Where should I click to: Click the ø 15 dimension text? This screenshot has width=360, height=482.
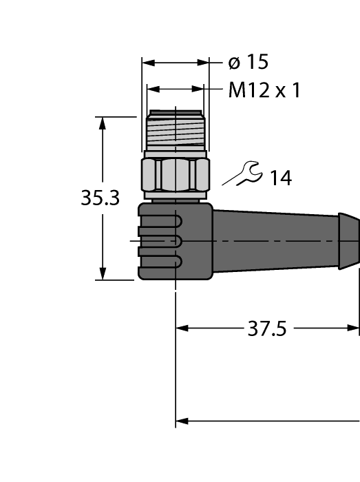click(x=248, y=63)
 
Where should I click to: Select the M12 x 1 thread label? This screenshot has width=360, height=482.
click(x=264, y=90)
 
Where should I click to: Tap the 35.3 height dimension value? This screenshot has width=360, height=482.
click(x=100, y=198)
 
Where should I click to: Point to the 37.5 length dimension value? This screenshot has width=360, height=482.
click(x=266, y=328)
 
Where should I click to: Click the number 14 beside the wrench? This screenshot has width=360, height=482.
click(x=279, y=178)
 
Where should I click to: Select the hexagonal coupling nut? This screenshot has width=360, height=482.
click(x=175, y=176)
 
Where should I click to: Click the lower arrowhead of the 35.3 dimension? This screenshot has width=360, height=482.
click(x=103, y=273)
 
